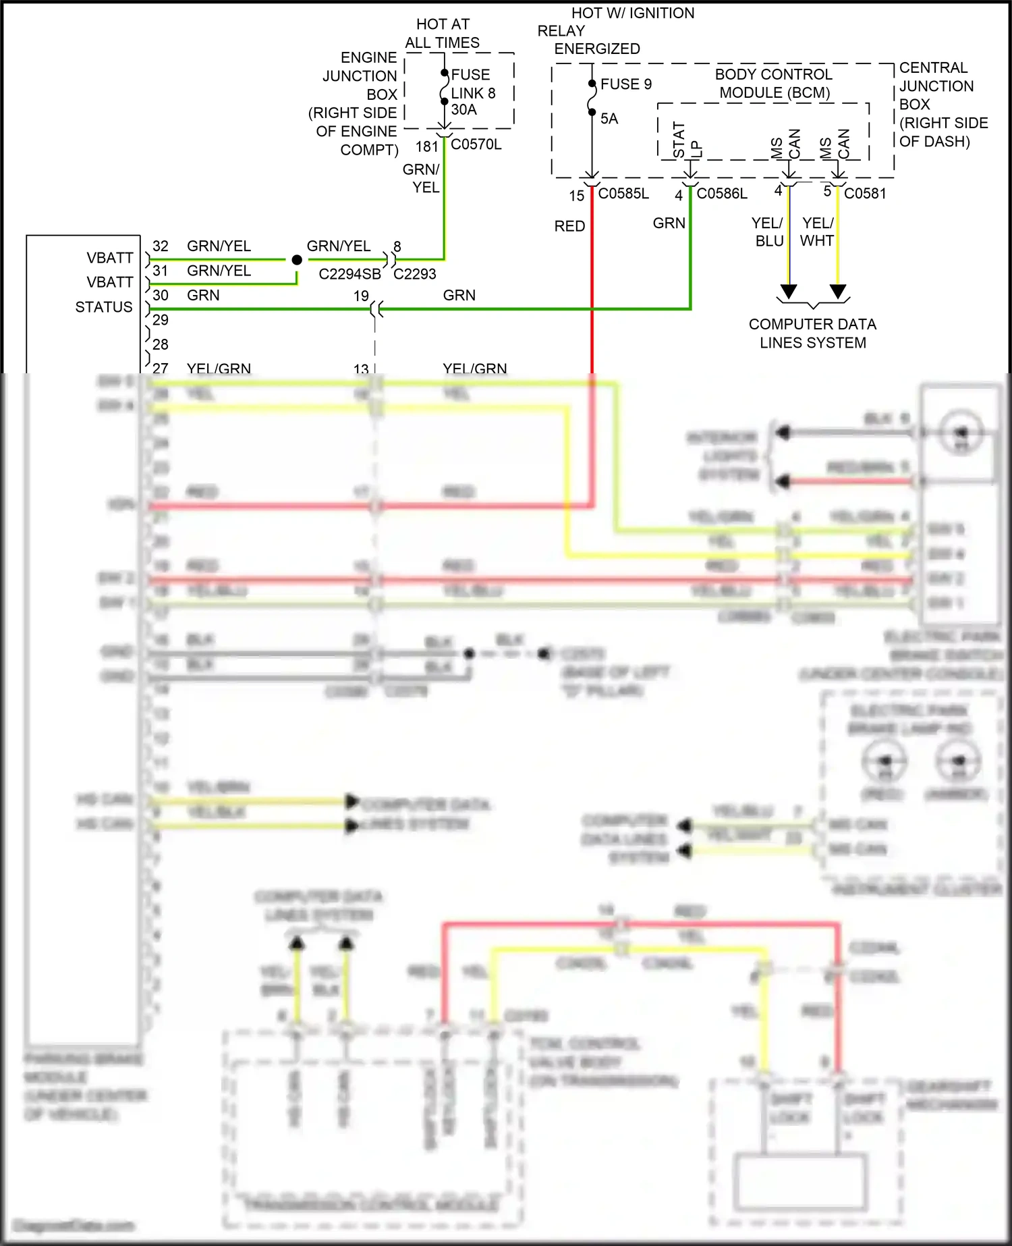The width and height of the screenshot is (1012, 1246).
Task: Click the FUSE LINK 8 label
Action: (x=472, y=84)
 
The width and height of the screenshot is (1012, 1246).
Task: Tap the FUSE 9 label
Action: (x=625, y=84)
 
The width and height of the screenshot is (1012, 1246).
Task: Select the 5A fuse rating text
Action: (x=609, y=119)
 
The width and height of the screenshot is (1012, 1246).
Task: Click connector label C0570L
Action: (x=476, y=144)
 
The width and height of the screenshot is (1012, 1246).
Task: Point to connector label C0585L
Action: (x=623, y=194)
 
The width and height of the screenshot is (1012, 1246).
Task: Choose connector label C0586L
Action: (x=722, y=194)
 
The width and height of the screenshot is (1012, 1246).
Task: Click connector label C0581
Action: (x=865, y=194)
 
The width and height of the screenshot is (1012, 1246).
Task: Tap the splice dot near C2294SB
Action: (x=297, y=260)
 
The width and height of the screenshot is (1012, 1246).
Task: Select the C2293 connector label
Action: (x=414, y=274)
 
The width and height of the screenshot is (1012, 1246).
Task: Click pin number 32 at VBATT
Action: (x=160, y=246)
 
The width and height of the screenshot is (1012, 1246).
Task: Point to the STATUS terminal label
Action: (x=104, y=307)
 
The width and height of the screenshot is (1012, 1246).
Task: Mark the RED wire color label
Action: (x=569, y=226)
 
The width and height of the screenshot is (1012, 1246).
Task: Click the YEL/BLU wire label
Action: (x=768, y=232)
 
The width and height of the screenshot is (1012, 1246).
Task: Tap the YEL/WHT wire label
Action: (x=818, y=232)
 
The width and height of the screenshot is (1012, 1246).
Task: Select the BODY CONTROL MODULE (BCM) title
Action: (x=774, y=84)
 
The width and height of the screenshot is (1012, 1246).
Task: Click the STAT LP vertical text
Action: (x=687, y=140)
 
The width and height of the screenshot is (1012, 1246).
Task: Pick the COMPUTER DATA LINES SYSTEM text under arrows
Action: (x=812, y=333)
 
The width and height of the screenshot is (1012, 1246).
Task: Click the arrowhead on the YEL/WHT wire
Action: (x=838, y=291)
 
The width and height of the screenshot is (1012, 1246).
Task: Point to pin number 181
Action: (x=426, y=146)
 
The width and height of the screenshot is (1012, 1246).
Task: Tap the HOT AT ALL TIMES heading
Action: (x=443, y=34)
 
